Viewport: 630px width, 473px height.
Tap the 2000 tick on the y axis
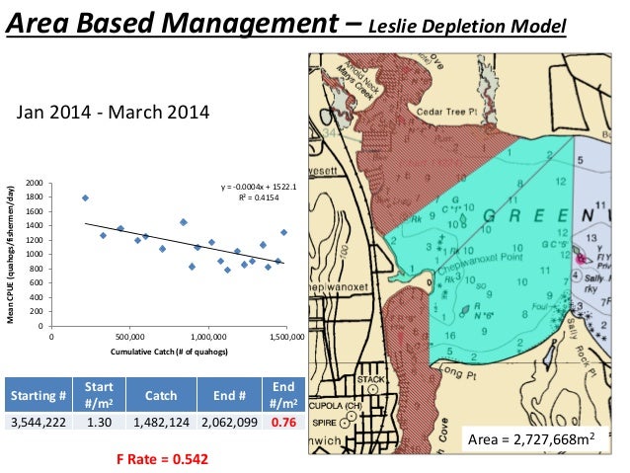34,184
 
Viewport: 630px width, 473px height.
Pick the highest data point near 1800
85,197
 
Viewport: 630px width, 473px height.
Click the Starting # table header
39,396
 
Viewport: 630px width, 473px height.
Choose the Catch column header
161,396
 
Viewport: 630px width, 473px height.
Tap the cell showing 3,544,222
39,423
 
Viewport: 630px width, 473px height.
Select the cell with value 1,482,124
161,423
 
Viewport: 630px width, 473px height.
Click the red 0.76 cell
284,423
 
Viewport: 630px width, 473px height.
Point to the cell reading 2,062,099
230,423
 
